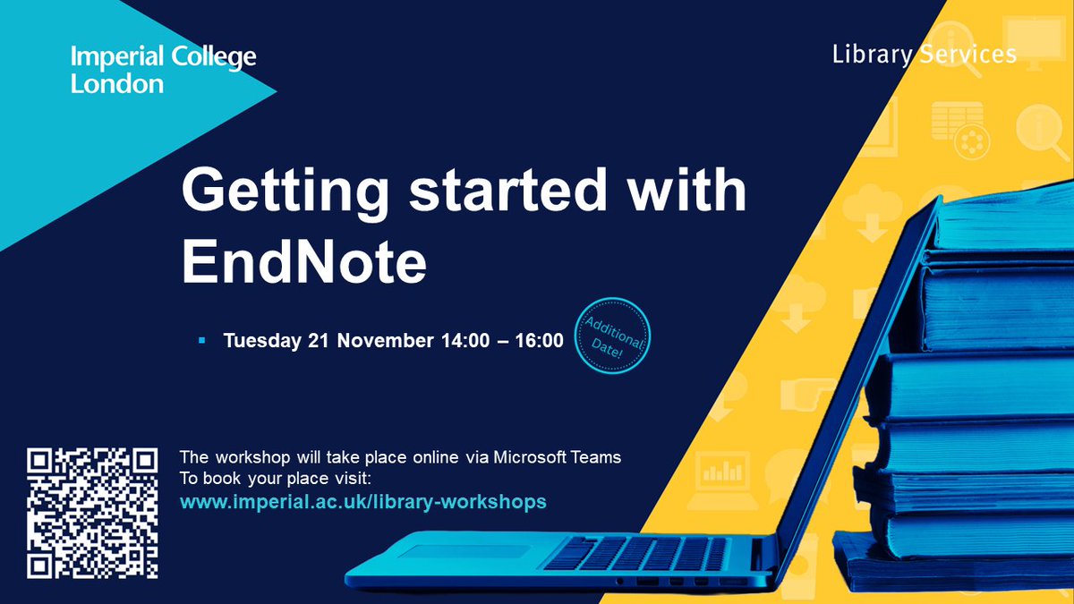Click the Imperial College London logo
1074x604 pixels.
pos(163,71)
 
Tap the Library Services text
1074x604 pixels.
pos(924,55)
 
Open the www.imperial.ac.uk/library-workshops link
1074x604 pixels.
pos(362,502)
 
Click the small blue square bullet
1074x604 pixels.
pos(202,341)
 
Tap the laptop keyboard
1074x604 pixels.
pos(626,551)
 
